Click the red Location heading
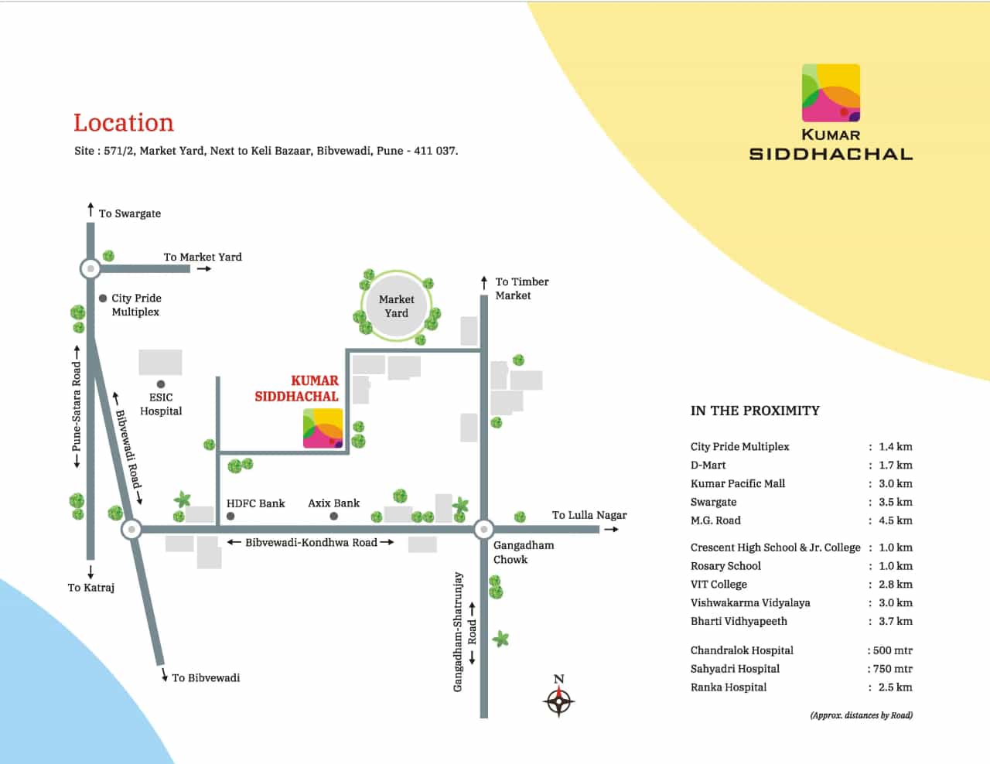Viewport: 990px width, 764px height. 124,122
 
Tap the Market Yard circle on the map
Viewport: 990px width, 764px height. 396,306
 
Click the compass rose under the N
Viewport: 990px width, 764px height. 558,701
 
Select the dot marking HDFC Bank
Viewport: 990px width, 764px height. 230,517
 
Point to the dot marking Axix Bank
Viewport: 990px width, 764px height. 334,517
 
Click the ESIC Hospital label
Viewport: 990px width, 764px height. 161,404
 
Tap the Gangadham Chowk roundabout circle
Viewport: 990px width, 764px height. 484,529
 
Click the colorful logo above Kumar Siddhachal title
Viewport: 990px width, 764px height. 831,93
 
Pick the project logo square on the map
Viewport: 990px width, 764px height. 323,428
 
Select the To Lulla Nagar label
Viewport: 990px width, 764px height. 589,515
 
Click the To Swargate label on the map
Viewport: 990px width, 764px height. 130,213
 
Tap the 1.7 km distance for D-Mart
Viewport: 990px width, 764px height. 895,465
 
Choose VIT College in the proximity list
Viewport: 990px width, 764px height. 719,584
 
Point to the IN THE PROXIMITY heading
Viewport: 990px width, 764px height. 755,411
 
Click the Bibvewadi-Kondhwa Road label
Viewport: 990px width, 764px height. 311,542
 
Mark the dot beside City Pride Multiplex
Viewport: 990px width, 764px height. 103,298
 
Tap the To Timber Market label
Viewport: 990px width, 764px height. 521,288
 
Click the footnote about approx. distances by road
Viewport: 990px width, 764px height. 861,715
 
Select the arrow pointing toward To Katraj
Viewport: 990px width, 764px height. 90,572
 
